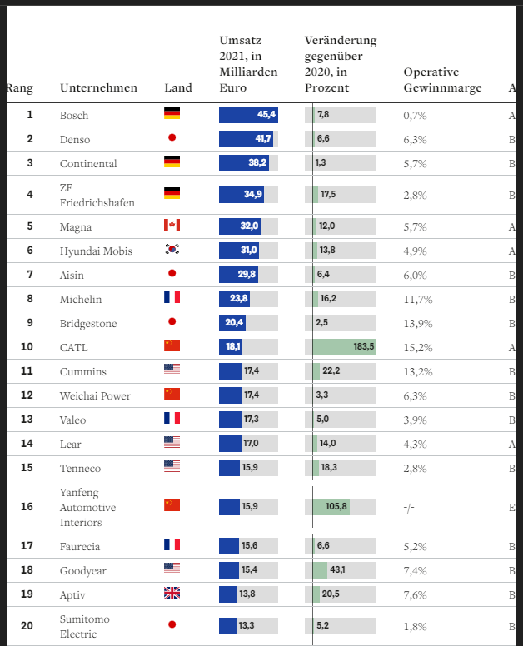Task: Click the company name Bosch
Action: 74,115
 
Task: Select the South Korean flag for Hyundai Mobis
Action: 172,250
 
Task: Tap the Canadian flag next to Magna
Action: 172,226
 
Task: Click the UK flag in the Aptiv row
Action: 172,594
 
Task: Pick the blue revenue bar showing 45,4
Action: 248,115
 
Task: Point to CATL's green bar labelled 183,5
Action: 345,346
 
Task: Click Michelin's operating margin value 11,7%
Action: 418,298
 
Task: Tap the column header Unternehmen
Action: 98,88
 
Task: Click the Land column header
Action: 178,88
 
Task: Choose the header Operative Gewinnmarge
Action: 442,80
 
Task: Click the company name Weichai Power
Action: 95,395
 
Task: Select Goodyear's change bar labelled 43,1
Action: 327,569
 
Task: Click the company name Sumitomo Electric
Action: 84,626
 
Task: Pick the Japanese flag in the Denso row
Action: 172,138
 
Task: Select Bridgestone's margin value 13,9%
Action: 418,322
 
